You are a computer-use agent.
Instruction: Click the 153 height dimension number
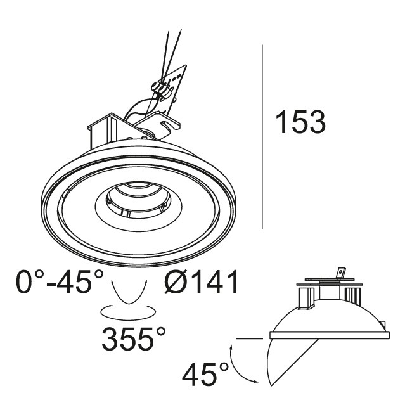pos(300,122)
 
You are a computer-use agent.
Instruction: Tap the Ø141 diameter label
pos(201,282)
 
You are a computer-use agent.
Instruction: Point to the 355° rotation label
pos(134,339)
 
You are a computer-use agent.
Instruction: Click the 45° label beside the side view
pos(205,374)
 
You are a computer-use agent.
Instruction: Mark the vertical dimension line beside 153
pos(262,137)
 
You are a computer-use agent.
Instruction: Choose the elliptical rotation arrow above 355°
pos(128,319)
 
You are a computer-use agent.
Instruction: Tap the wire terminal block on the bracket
pos(162,90)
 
